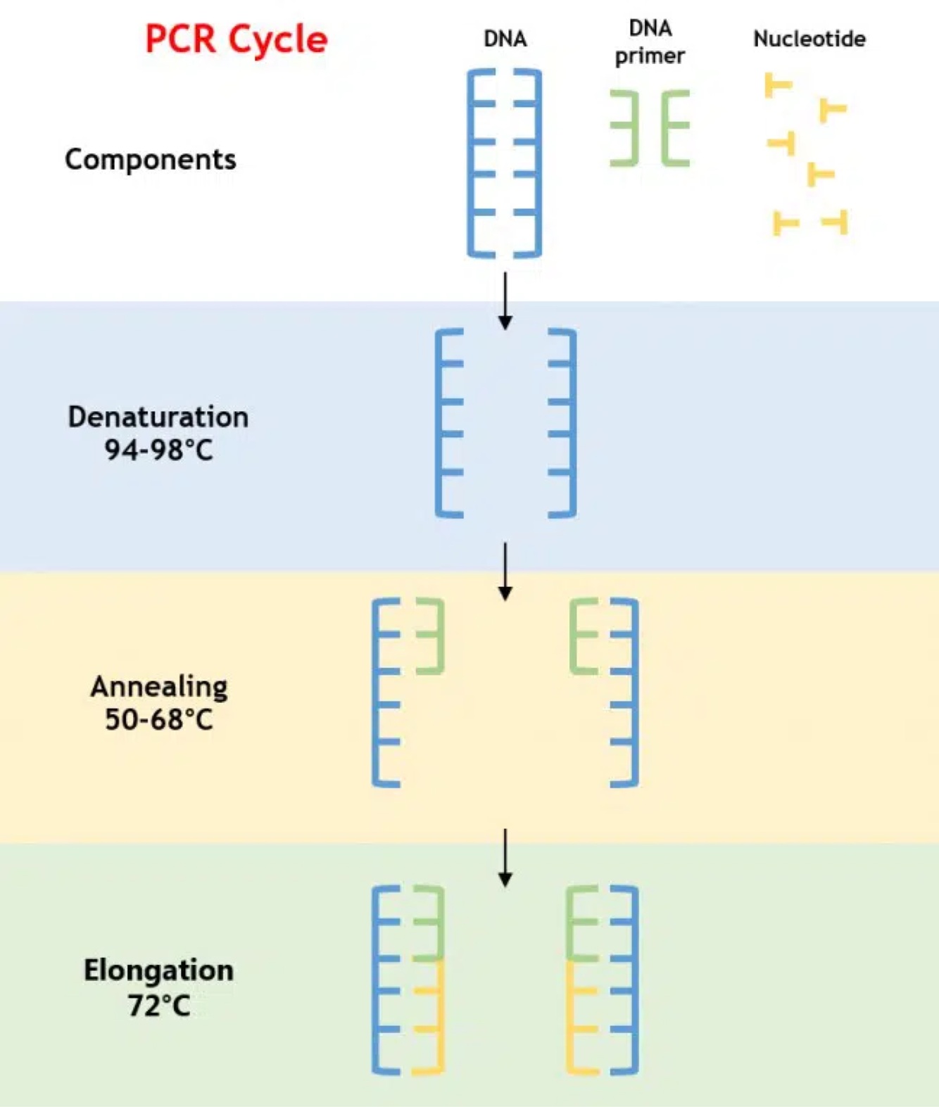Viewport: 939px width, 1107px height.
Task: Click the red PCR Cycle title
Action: pos(236,39)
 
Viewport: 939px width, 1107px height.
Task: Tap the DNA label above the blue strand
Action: pos(505,39)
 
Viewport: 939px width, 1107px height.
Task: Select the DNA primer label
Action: pos(650,42)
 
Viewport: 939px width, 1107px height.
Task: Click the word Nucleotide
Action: pos(809,39)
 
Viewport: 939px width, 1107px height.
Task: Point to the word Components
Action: pos(151,160)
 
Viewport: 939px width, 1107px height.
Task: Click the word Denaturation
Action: pos(158,417)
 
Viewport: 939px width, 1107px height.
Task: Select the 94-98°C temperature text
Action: pos(158,450)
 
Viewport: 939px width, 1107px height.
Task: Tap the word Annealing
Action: pos(159,686)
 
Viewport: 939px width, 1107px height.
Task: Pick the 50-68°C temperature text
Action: pos(159,719)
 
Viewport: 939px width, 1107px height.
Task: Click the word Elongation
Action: pos(159,970)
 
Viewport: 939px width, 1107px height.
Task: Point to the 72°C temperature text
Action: pos(159,1005)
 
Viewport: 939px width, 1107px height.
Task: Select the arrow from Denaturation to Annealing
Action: pos(505,571)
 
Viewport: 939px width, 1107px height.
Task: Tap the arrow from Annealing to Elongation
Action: pos(505,857)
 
